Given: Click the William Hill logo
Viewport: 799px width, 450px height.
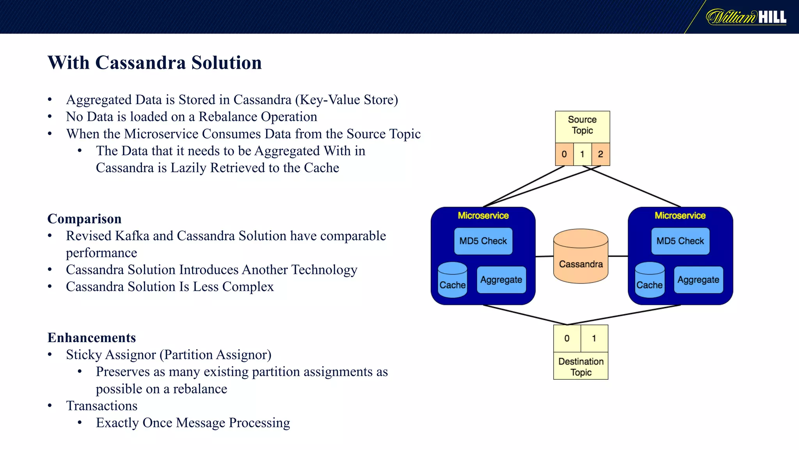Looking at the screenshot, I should pyautogui.click(x=746, y=17).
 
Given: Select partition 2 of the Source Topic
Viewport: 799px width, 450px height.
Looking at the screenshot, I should pyautogui.click(x=600, y=154).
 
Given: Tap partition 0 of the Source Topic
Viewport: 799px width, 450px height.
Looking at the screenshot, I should pyautogui.click(x=564, y=154).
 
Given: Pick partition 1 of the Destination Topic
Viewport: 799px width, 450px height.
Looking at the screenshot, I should pyautogui.click(x=594, y=338).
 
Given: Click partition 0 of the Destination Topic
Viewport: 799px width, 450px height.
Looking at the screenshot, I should pyautogui.click(x=567, y=338).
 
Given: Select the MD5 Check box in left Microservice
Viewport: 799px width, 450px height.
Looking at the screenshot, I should pyautogui.click(x=483, y=241).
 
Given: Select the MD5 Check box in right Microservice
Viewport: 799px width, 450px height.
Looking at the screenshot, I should pyautogui.click(x=680, y=241).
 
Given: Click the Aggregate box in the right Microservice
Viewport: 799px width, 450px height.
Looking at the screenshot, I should pyautogui.click(x=698, y=280).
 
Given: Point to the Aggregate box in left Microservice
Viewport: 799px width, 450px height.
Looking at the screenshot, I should pyautogui.click(x=501, y=280).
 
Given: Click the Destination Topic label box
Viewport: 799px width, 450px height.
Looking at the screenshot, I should pyautogui.click(x=581, y=366).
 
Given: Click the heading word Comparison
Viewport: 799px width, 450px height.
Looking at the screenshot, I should pyautogui.click(x=84, y=219).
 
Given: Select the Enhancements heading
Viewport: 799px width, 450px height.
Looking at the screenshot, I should pyautogui.click(x=92, y=337).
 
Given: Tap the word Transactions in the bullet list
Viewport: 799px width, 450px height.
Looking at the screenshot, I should pyautogui.click(x=101, y=406).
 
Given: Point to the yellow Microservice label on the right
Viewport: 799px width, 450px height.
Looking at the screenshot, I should pyautogui.click(x=680, y=216).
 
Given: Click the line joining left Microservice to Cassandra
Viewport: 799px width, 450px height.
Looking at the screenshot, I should pyautogui.click(x=544, y=257).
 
